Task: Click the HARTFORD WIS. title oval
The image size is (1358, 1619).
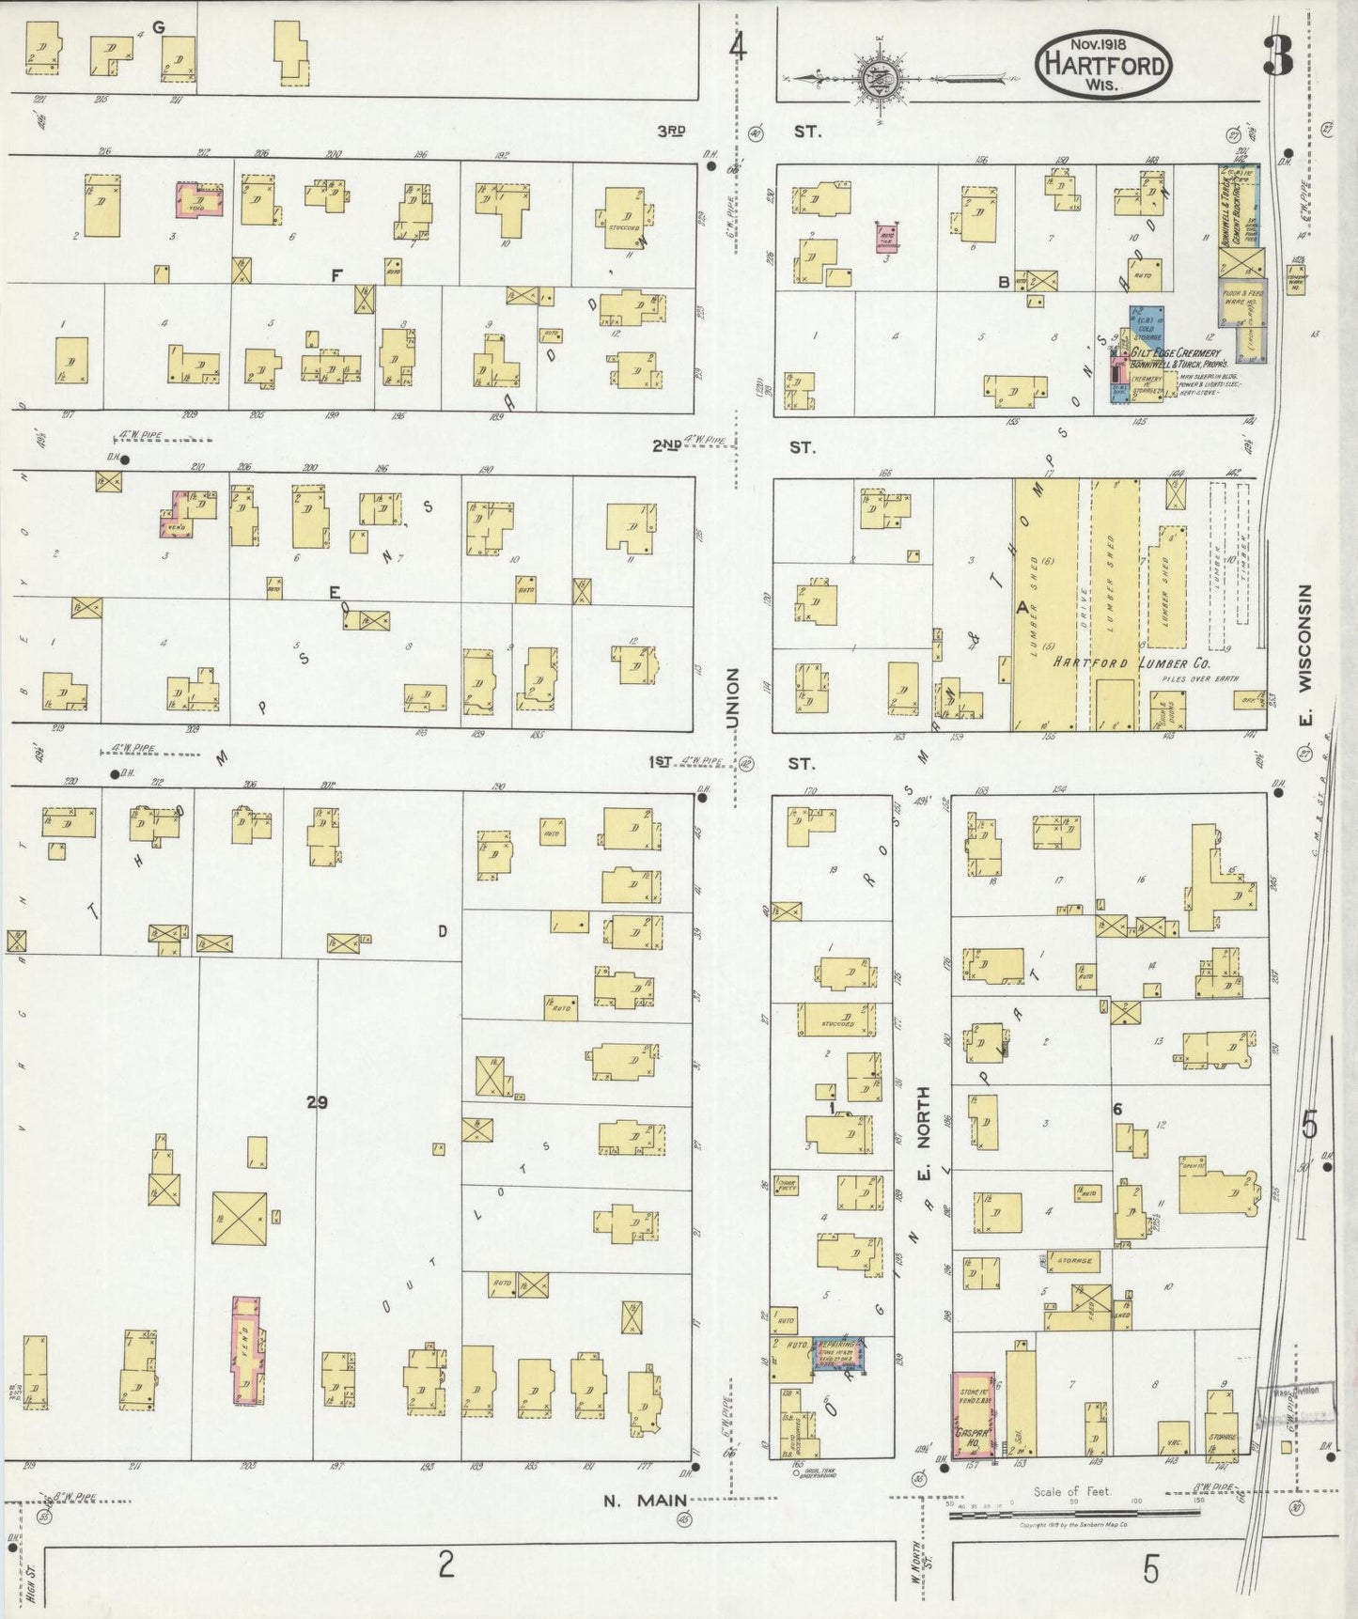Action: (x=1103, y=63)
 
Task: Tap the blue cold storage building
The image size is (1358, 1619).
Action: (x=1146, y=325)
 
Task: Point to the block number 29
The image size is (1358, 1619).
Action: (x=317, y=1102)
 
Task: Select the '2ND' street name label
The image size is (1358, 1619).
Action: (x=666, y=446)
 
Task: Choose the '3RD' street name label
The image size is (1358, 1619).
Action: (x=671, y=132)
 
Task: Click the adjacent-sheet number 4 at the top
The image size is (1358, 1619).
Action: (x=738, y=46)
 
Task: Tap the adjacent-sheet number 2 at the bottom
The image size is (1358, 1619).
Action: (x=445, y=1565)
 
